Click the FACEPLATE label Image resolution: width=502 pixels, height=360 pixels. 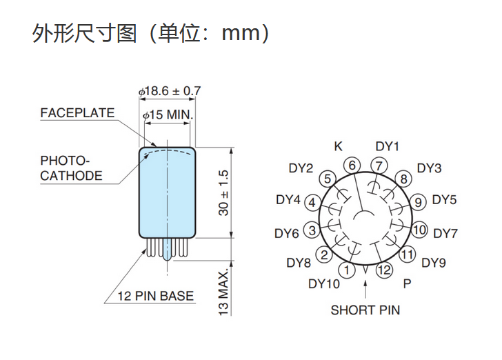[x=77, y=113]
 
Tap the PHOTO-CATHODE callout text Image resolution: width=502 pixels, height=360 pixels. [x=70, y=168]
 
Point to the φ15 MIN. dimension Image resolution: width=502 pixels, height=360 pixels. [x=168, y=115]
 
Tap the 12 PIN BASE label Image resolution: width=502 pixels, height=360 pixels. [x=155, y=297]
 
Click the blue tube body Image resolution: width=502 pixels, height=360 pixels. [x=168, y=193]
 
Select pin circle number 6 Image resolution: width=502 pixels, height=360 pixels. [x=352, y=166]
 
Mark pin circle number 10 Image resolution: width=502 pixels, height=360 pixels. [x=420, y=229]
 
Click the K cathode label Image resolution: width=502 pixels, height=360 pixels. [x=338, y=146]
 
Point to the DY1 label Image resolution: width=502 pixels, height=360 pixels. [x=388, y=146]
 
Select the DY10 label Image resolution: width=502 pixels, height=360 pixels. [x=324, y=284]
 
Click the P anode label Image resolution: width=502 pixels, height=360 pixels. [x=407, y=284]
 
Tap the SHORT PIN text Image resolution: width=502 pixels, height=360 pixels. [x=365, y=310]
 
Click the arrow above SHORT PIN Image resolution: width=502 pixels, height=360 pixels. [x=365, y=290]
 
